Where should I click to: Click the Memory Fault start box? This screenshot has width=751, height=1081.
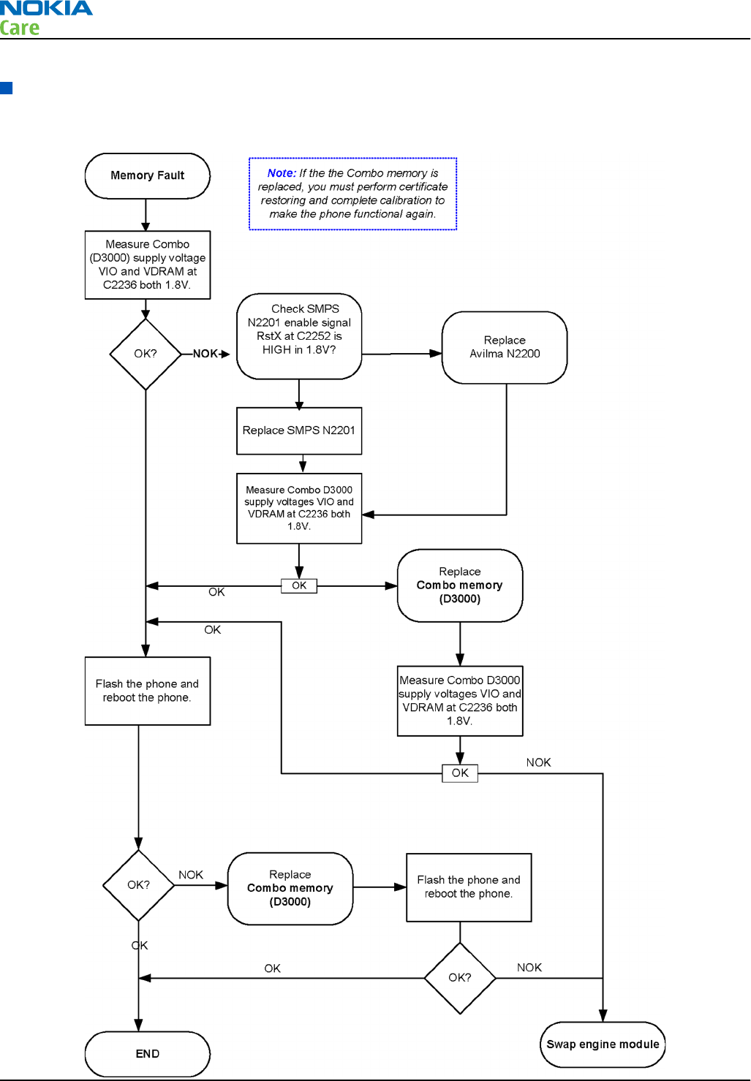[x=147, y=175]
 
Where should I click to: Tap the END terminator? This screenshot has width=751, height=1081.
[x=147, y=1053]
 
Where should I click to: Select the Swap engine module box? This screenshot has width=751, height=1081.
[x=603, y=1044]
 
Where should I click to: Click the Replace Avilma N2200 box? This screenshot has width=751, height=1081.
[x=505, y=347]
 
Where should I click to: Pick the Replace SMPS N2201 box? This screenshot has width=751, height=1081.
[x=299, y=430]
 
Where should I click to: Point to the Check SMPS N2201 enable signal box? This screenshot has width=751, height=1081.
[x=299, y=336]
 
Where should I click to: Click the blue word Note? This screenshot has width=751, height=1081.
[x=282, y=172]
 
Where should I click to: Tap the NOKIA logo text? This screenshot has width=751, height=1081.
[x=46, y=8]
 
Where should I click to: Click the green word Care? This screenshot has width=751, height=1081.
[x=19, y=28]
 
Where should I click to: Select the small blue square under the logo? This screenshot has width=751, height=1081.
[x=7, y=88]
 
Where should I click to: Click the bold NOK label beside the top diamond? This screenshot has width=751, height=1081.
[x=205, y=354]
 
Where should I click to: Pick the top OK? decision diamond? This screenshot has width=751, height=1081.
[x=146, y=354]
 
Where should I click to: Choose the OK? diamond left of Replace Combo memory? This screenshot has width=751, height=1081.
[x=139, y=885]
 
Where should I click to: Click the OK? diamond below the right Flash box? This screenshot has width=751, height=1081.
[x=460, y=978]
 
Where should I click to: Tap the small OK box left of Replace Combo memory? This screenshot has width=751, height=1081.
[x=299, y=586]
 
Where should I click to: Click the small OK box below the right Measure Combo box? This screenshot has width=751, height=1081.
[x=460, y=773]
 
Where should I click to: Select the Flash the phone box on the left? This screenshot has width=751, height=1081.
[x=147, y=691]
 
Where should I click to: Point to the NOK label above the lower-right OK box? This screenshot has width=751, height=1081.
[x=538, y=762]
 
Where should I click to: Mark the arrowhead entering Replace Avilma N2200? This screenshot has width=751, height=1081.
[x=436, y=354]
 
